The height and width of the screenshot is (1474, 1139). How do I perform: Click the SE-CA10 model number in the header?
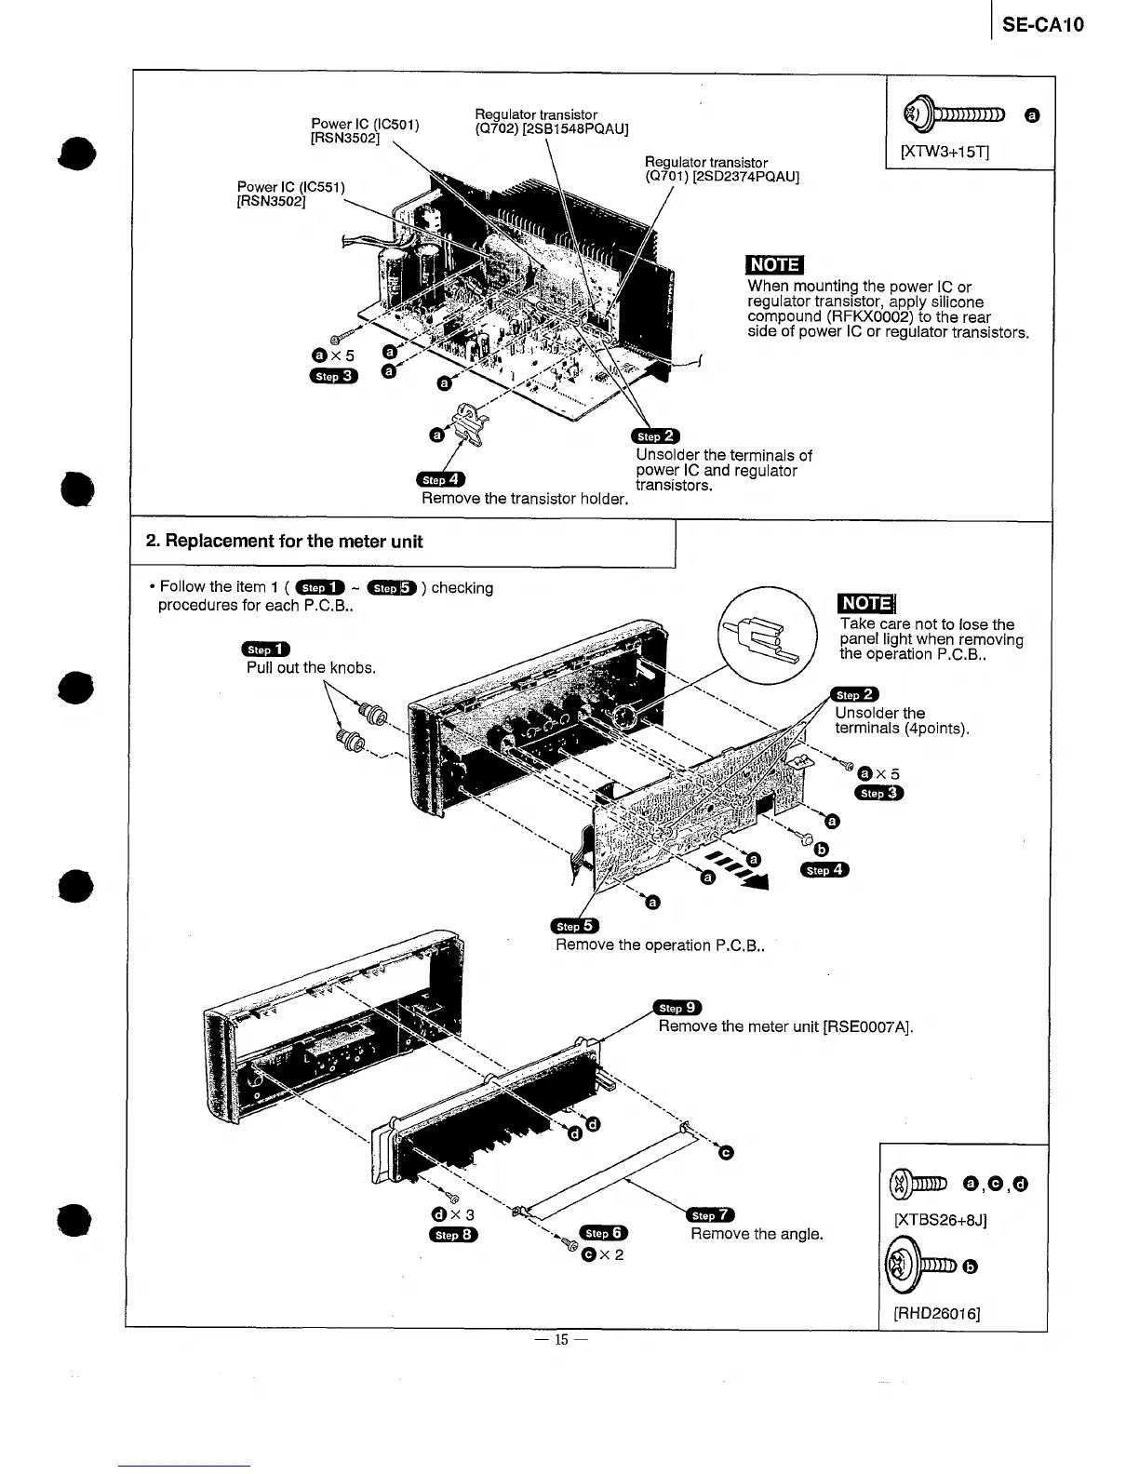[1044, 25]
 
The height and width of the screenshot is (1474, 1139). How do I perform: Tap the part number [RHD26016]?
[937, 1313]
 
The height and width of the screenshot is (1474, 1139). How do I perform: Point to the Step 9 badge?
[677, 1008]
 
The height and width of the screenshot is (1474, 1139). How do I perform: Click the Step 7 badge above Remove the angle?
[710, 1215]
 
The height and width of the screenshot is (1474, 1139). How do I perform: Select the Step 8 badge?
[453, 1235]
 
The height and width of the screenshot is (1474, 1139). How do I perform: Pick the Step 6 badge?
[604, 1233]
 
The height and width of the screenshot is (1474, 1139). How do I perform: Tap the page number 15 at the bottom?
[560, 1340]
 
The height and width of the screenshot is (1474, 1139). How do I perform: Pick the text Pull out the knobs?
[311, 668]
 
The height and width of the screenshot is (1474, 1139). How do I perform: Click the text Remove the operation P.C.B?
[660, 945]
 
